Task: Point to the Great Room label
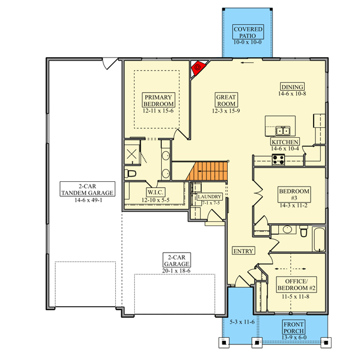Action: coord(226,99)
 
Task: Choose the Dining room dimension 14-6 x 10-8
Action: coord(292,94)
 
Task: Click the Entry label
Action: coord(243,251)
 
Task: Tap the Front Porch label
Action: coord(293,327)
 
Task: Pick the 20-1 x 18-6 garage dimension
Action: coord(176,271)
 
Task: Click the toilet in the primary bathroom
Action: coord(131,173)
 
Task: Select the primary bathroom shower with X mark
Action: coord(134,154)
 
